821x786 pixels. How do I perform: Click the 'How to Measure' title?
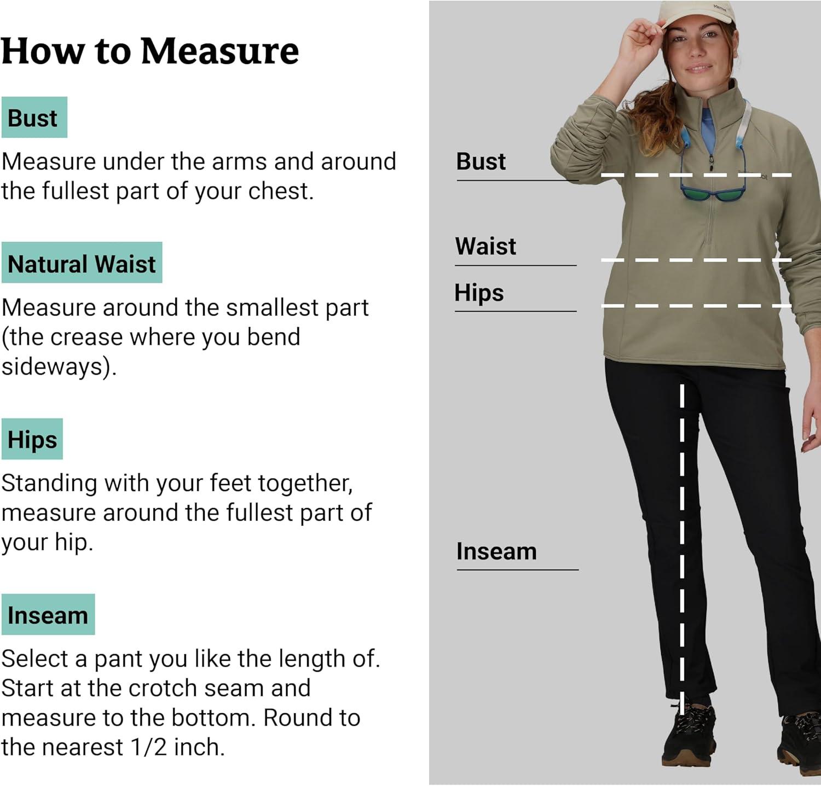coord(150,51)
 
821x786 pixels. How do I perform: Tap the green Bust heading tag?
coord(34,118)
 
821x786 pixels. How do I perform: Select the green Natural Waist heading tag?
coord(82,263)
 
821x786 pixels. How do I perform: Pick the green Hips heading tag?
coord(32,439)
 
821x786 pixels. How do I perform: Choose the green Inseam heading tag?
coord(48,615)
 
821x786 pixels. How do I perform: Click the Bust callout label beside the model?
coord(481,161)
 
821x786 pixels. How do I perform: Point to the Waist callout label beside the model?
coord(485,246)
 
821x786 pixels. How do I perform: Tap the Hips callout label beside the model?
coord(479,293)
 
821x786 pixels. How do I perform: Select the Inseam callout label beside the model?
coord(496,551)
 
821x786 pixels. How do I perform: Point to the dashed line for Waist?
coord(696,260)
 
